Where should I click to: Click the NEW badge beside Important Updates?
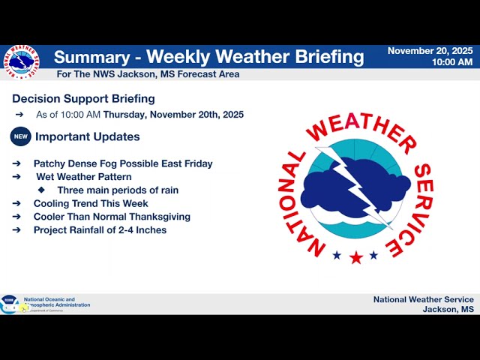(20, 136)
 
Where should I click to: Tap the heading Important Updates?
(87, 136)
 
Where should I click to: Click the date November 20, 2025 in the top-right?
(430, 51)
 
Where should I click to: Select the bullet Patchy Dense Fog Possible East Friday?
(123, 163)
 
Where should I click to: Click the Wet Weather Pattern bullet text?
(84, 177)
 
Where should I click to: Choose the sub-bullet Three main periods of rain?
(118, 190)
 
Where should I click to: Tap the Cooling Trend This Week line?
(91, 203)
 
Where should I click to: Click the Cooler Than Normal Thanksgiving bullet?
(112, 217)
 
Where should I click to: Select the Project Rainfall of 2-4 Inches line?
(100, 230)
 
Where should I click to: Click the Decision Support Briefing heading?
(83, 98)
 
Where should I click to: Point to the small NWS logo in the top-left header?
(20, 62)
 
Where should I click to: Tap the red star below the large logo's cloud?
(355, 257)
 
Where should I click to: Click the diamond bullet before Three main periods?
(41, 190)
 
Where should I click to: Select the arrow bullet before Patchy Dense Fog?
(16, 163)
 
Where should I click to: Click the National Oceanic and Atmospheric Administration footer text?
(57, 302)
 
